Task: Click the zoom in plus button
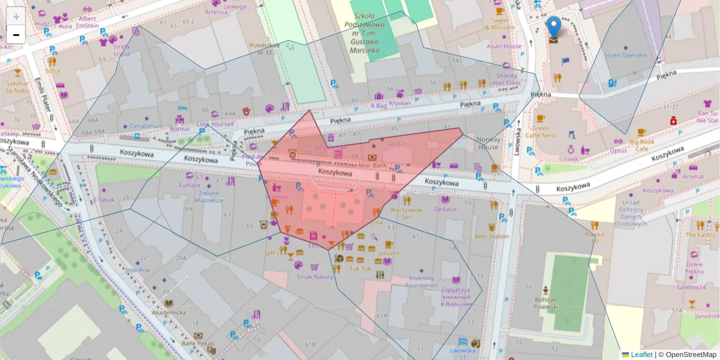pos(16,17)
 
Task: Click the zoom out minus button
pos(16,35)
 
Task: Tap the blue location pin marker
pos(554,28)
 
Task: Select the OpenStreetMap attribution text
pos(687,355)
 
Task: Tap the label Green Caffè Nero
pos(541,131)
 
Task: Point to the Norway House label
pos(488,143)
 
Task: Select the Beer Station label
pos(491,236)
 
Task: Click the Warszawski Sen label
pos(407,213)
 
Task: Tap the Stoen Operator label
pos(626,55)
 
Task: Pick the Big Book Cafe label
pos(641,145)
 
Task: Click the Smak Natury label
pos(314,277)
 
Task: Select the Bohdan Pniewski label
pos(546,302)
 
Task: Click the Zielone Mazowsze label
pos(209,196)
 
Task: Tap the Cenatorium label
pos(146,126)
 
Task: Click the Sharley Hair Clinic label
pos(507,80)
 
